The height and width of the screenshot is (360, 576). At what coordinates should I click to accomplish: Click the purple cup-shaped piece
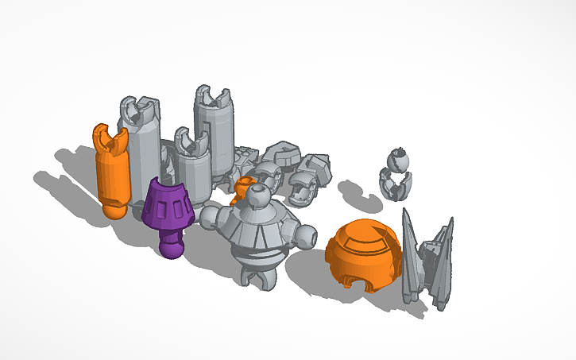tap(168, 203)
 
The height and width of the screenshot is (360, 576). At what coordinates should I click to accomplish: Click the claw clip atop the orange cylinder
tap(109, 138)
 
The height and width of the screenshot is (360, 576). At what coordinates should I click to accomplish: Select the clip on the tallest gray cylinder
tap(214, 95)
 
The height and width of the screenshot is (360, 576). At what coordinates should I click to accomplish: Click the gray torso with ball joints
tap(260, 234)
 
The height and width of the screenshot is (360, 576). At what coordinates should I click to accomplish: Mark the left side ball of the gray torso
tap(211, 215)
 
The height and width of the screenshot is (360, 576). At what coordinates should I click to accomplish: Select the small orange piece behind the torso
tap(242, 189)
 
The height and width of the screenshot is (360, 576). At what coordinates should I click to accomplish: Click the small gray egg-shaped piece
tap(396, 173)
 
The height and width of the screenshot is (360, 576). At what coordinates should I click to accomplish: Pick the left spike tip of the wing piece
tap(406, 213)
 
